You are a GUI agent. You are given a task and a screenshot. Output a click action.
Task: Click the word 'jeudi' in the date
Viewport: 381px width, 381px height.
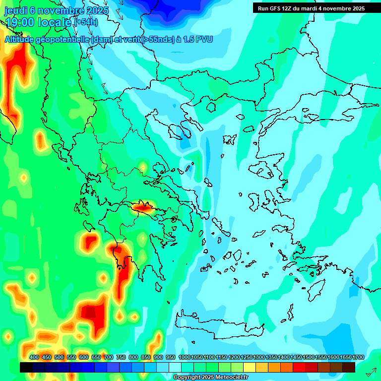click(x=15, y=11)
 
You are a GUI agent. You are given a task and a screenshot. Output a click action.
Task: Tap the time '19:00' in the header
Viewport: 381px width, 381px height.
click(x=20, y=22)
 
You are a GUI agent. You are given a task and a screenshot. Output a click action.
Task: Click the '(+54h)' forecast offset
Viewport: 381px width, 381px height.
click(x=86, y=22)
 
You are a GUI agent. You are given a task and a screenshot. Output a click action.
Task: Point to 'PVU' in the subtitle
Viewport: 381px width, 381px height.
click(x=203, y=39)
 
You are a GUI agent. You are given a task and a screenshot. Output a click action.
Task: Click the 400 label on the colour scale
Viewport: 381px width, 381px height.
click(x=34, y=357)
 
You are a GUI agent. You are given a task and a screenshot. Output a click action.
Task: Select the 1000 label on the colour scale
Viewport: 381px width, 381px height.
click(x=185, y=357)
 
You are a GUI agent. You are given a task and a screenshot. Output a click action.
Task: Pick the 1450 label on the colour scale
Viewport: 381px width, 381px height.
click(x=296, y=357)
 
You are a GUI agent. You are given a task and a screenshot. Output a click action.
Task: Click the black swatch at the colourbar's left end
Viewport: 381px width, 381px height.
click(x=26, y=367)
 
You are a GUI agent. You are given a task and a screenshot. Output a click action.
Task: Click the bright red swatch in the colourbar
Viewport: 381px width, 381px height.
click(x=299, y=367)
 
